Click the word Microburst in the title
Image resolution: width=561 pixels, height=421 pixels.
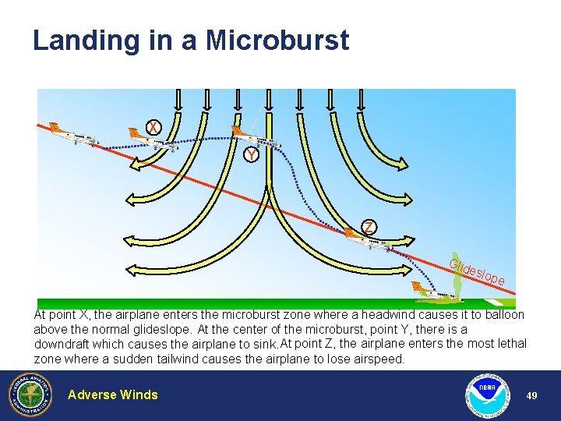tap(277, 40)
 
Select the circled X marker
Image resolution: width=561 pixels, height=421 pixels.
tap(153, 127)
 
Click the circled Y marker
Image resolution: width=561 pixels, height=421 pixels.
tap(251, 155)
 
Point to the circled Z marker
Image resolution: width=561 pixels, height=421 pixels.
tap(369, 228)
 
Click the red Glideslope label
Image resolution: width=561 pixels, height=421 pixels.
tap(477, 272)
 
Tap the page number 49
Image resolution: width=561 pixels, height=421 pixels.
tap(531, 395)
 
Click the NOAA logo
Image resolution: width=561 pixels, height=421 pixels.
tap(488, 395)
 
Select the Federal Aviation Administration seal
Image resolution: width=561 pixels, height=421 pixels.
tap(30, 394)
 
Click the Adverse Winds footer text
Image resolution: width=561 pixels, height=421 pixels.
tap(113, 394)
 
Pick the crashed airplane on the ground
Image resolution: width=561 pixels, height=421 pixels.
tap(433, 291)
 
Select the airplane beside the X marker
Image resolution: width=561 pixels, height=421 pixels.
tap(153, 140)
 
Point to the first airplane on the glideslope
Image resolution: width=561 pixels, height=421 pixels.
tap(74, 134)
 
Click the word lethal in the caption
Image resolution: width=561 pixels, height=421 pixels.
tap(512, 344)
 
